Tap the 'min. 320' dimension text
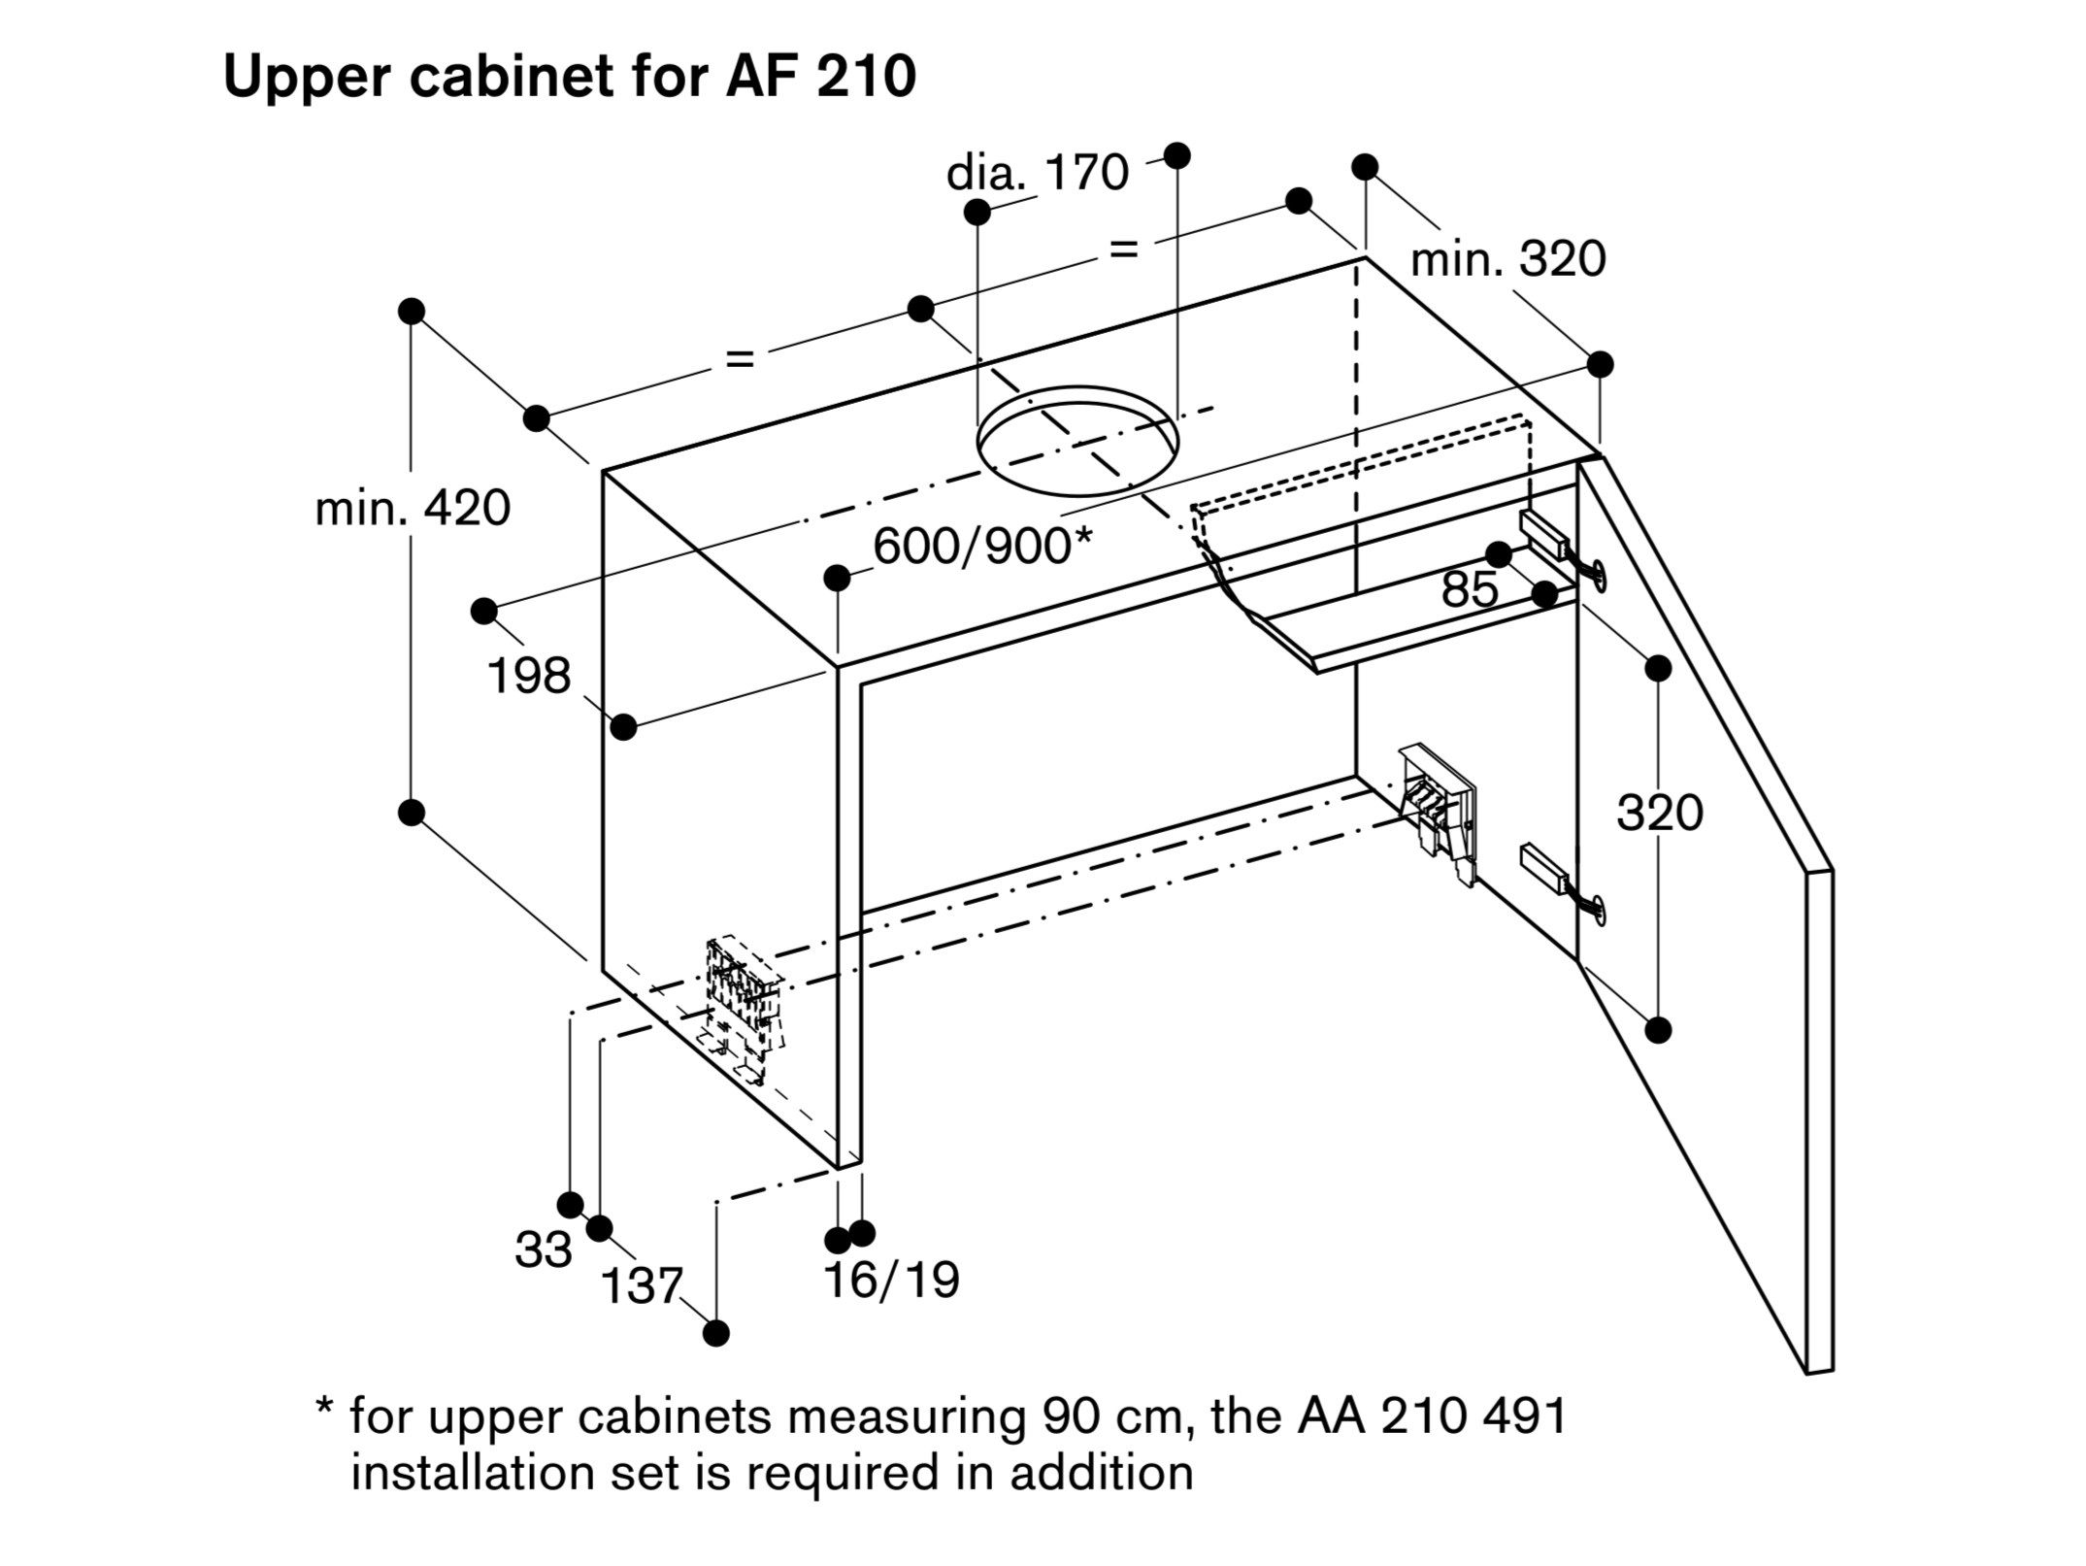[x=1507, y=260]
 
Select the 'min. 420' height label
[x=413, y=509]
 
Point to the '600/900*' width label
[x=982, y=547]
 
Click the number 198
[x=529, y=676]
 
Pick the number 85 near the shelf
[x=1470, y=590]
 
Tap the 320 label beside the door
[x=1659, y=813]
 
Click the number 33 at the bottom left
[x=543, y=1250]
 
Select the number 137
[x=642, y=1287]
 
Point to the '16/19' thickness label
[x=891, y=1281]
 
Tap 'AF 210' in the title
[x=820, y=78]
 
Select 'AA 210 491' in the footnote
[x=1432, y=1416]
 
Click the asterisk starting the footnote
[x=325, y=1410]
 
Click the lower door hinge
[x=1557, y=878]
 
